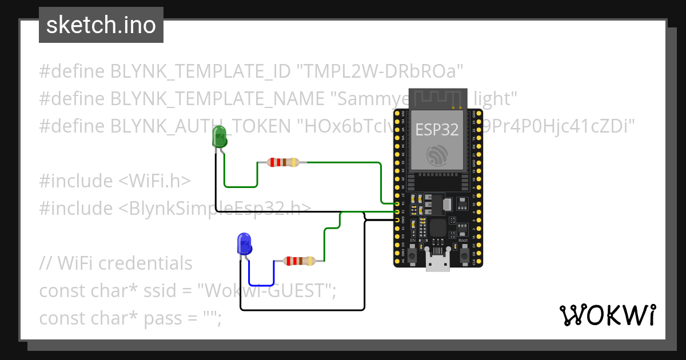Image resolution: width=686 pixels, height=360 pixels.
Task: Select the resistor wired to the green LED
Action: click(282, 162)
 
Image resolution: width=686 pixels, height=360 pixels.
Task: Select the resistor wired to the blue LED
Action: click(299, 261)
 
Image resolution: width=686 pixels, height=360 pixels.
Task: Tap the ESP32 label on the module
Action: click(437, 130)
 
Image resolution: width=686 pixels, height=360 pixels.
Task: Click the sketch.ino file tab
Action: click(101, 25)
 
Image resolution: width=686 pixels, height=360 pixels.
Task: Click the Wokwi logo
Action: click(607, 315)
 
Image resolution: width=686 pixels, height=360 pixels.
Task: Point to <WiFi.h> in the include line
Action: click(154, 181)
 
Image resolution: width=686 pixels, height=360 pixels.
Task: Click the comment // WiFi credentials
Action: click(115, 263)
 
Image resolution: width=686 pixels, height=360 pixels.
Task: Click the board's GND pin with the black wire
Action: click(397, 219)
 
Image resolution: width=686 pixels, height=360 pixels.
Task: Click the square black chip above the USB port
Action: click(438, 228)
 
